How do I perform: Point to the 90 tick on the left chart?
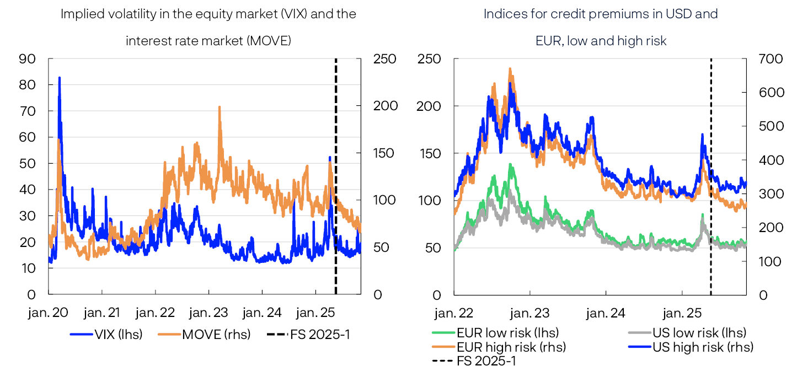click(x=27, y=58)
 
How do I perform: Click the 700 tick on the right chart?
click(x=771, y=58)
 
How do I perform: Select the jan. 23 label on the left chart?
click(x=210, y=313)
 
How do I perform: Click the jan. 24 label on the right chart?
click(x=606, y=313)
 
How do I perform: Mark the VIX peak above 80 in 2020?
click(x=59, y=78)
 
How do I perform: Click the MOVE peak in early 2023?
click(x=220, y=107)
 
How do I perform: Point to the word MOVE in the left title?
click(x=271, y=40)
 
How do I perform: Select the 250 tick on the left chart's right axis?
click(x=384, y=58)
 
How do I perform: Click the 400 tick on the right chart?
click(x=771, y=160)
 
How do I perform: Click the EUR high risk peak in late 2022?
click(x=510, y=69)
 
